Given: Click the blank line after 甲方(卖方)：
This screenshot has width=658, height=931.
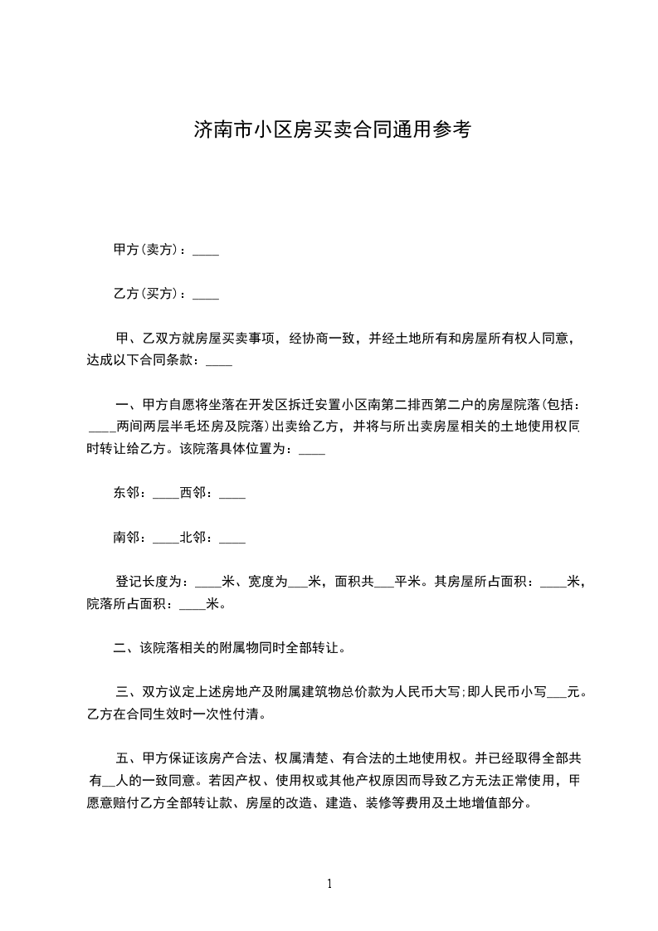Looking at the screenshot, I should pos(206,251).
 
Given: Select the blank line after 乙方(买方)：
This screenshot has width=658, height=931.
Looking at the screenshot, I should pos(206,295).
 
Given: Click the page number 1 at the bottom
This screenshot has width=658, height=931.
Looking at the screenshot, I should pos(329,884).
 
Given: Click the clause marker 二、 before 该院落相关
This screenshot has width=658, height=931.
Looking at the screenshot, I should pos(124,647).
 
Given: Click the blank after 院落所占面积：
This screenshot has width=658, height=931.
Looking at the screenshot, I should pos(192,605).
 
